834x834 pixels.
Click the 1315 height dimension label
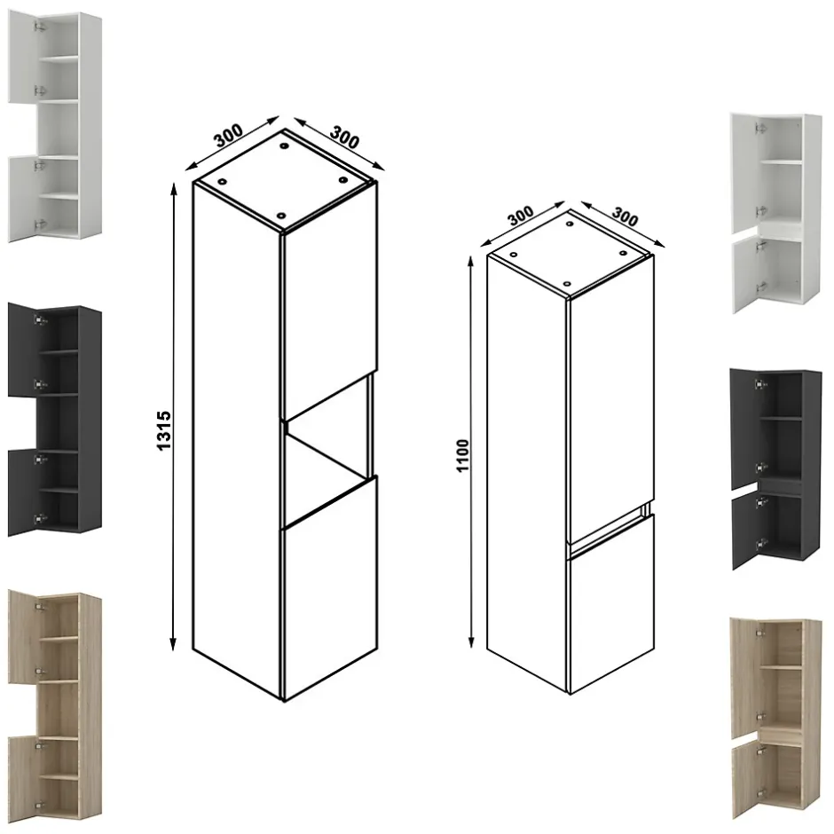point(164,429)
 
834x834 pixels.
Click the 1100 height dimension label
point(462,455)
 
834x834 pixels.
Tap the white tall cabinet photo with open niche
point(55,128)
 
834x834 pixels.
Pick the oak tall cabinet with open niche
point(55,707)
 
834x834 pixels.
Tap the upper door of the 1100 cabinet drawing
point(611,399)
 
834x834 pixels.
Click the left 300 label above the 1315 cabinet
point(228,136)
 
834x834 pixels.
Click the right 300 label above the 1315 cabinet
point(344,137)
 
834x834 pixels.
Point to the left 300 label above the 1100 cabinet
point(520,215)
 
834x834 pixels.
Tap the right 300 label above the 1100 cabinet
point(625,216)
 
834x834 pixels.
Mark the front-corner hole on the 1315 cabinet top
point(281,216)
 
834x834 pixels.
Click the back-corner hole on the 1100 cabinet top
point(570,224)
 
